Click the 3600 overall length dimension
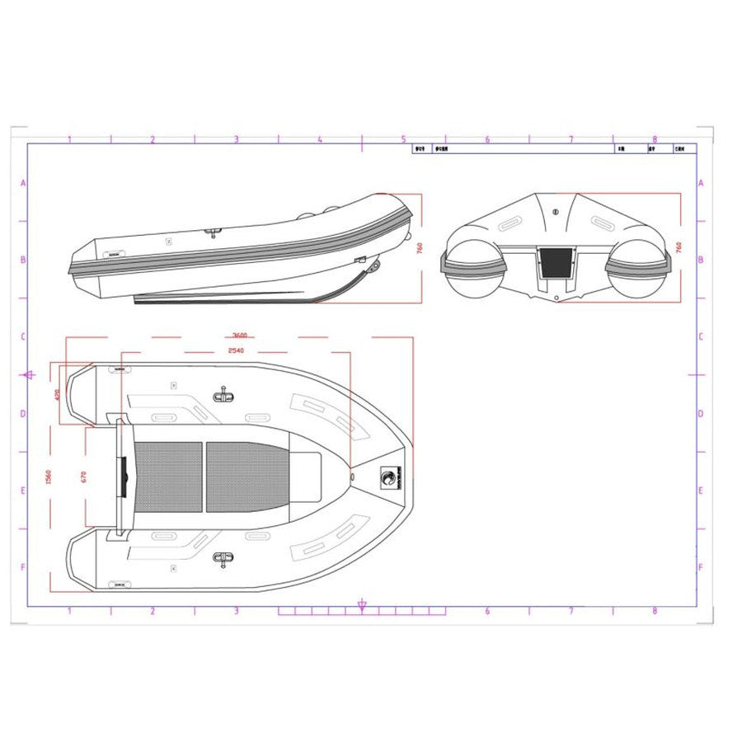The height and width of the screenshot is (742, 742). pos(240,336)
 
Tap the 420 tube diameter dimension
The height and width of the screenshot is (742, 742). pos(57,394)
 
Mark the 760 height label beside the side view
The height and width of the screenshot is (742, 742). pos(420,247)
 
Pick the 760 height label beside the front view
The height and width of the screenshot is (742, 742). pos(679,247)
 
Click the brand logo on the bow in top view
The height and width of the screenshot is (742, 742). pos(388,477)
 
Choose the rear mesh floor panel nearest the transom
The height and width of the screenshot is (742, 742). pos(168,477)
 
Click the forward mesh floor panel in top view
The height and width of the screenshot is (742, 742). pos(247,477)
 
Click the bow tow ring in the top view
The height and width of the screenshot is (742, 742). pos(353,477)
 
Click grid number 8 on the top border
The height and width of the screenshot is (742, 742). pos(655,139)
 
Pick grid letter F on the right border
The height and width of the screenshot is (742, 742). pos(700,567)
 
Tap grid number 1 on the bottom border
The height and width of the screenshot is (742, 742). pos(68,611)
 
